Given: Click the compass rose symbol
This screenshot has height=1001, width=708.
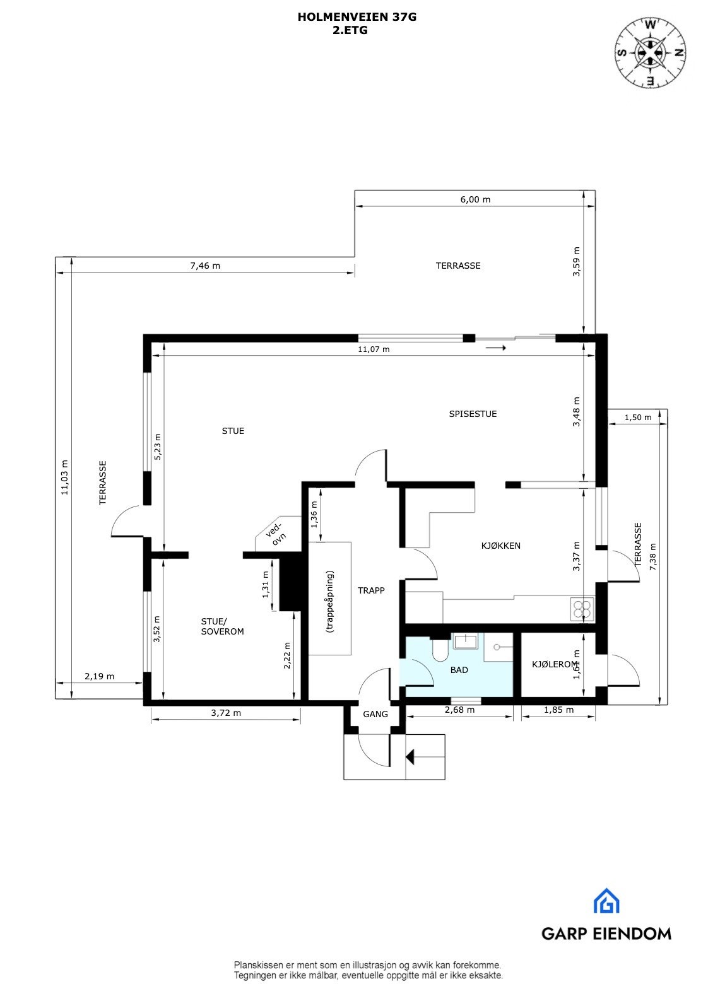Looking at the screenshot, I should coord(651,52).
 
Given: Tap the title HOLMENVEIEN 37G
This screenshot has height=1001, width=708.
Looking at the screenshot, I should coord(357,18).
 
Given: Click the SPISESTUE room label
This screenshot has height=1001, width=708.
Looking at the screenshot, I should coord(473,414).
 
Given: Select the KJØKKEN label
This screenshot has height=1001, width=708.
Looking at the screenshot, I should coord(501,546).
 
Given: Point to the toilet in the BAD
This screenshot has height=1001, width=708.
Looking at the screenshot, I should coord(440,650).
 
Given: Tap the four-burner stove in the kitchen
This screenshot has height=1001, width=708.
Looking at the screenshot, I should coord(582,609).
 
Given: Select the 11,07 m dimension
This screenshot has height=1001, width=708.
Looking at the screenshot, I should coord(374,349).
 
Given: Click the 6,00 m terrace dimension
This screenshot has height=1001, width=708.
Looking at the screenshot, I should coord(475,199).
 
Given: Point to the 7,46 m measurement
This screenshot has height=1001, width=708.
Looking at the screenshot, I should coord(205,266).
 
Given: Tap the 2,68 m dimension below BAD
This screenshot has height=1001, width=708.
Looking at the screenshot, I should coord(459,710).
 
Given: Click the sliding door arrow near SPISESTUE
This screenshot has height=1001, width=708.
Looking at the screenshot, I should coord(496,348).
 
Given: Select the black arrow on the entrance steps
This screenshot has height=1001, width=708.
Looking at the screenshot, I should coord(411,756).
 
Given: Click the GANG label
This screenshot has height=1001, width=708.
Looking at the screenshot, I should coord(375,715).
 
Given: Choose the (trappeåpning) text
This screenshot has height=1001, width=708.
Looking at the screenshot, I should coord(329,602).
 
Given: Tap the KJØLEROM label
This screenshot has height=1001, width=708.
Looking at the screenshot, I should coord(554,664).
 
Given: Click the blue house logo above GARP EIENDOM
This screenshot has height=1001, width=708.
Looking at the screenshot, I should coord(606,901).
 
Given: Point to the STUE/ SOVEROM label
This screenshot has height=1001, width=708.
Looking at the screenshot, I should coord(222,626).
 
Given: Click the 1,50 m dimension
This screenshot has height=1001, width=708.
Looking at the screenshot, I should coord(637,418).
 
